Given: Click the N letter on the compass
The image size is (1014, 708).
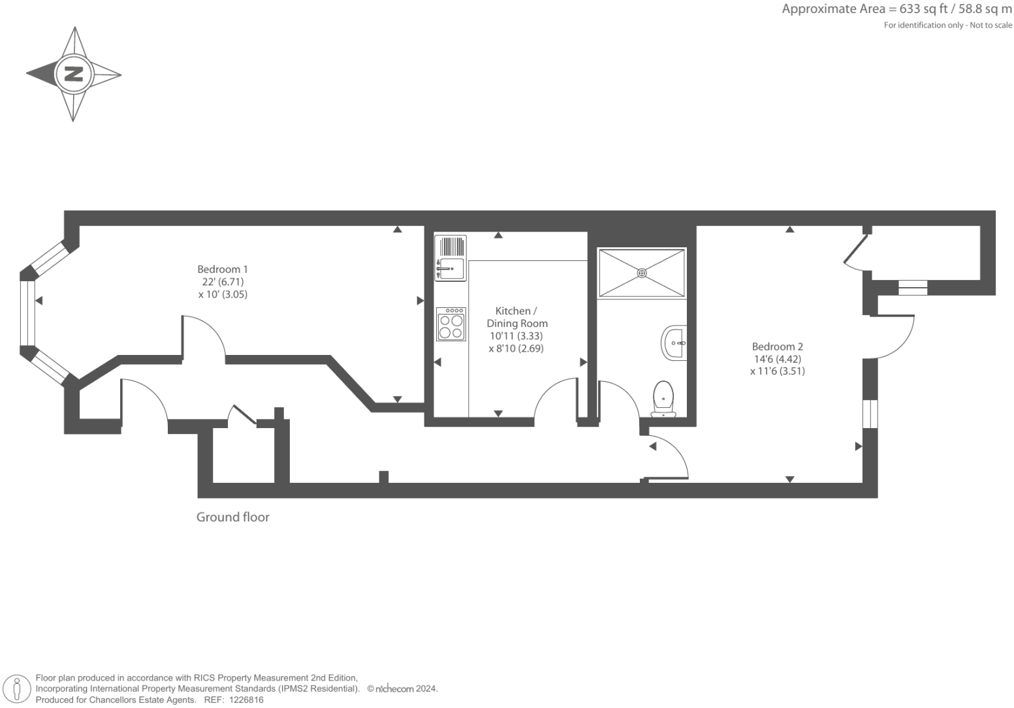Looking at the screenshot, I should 73,74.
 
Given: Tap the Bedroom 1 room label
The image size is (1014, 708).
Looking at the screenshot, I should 223,269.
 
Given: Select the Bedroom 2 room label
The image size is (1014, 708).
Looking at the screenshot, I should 777,346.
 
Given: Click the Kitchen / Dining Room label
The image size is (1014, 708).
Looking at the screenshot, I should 516,317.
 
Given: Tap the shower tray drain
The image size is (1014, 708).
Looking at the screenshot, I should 642,273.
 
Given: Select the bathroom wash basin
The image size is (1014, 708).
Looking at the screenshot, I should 674,343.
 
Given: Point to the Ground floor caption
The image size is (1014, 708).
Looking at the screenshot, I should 233,517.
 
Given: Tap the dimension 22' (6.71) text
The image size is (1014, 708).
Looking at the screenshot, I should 223,282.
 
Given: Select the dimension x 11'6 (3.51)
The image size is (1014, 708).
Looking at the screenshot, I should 777,371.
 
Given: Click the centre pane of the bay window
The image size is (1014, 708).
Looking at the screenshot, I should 27,313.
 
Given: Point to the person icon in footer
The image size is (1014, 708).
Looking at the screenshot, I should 17,689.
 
